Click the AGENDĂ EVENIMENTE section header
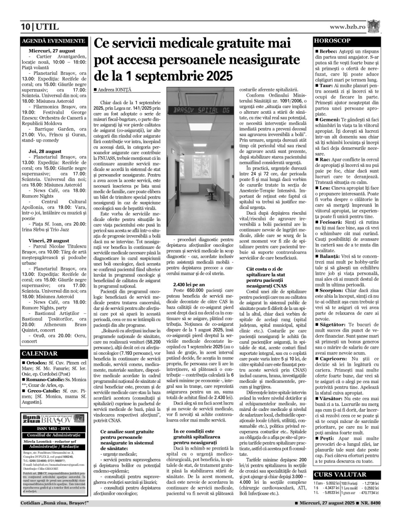click(54, 41)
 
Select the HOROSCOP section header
click(332, 41)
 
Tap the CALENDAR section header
click(40, 354)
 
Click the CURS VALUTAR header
click(340, 475)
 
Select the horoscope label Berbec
click(327, 51)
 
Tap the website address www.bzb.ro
click(347, 27)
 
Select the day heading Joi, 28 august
click(45, 151)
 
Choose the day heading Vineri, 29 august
click(49, 240)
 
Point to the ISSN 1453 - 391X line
click(54, 429)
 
